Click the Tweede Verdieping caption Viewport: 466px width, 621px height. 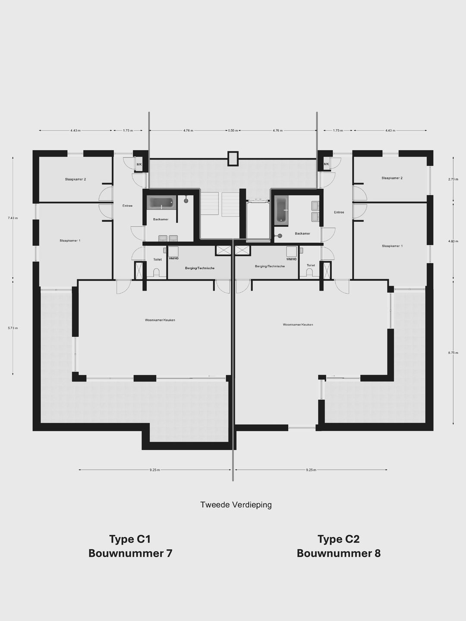pos(236,505)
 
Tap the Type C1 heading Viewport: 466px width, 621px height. pos(130,539)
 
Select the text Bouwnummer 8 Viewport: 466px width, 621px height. pos(339,553)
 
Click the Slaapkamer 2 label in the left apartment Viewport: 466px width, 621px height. pos(76,179)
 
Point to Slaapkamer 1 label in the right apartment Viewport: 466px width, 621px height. pos(392,246)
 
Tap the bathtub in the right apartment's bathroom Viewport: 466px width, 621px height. pos(281,210)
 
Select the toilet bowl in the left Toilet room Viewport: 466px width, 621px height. pos(156,273)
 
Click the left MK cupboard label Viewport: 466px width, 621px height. pos(139,164)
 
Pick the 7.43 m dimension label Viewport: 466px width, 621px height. pos(13,218)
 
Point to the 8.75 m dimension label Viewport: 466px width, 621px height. pos(453,353)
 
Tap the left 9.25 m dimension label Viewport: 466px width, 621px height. pos(155,470)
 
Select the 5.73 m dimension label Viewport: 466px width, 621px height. pos(13,328)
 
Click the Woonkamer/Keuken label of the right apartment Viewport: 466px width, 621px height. pos(298,324)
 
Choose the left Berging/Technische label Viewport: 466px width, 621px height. pos(200,268)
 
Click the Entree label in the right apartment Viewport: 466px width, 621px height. pos(339,212)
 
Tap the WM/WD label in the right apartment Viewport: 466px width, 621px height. pos(292,259)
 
